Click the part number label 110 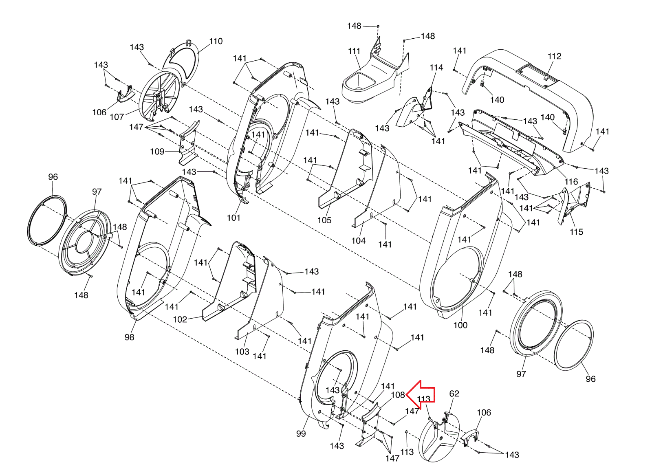point(216,41)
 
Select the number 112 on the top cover point(554,56)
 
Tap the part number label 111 point(354,51)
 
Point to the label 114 point(436,68)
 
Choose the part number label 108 point(398,395)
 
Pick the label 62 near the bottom point(454,394)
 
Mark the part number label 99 point(301,433)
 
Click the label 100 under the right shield point(460,325)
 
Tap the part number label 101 point(233,218)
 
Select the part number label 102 point(180,319)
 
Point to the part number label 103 point(242,351)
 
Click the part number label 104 point(358,241)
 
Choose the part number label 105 point(324,220)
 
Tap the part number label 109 point(157,152)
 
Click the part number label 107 point(117,117)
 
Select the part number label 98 point(129,337)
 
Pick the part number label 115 point(576,232)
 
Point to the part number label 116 point(571,182)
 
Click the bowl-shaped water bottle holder point(361,86)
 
